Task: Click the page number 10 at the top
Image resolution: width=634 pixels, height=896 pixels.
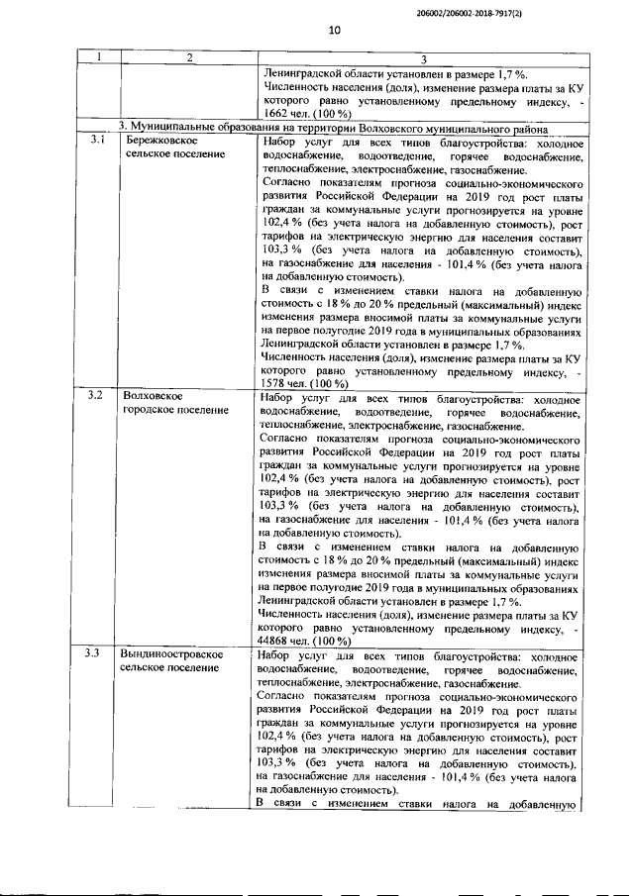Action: tap(334, 31)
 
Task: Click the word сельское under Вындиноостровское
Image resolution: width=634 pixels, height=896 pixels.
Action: tap(144, 668)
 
